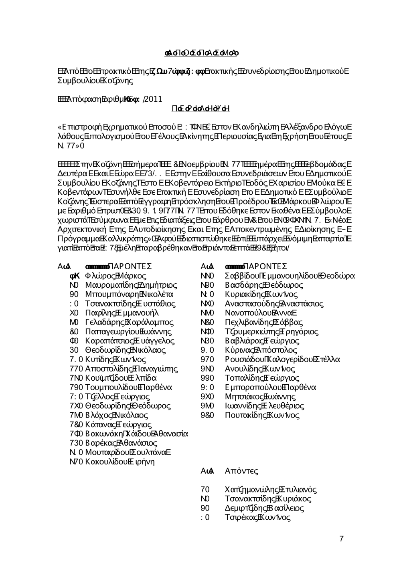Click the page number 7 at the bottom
[x=341, y=539]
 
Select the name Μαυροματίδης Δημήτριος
[x=131, y=285]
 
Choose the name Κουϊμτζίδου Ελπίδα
[x=121, y=378]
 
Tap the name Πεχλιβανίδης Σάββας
[x=264, y=323]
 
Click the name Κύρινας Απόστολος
[x=261, y=350]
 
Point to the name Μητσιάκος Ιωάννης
[x=260, y=397]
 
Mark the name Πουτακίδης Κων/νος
[x=262, y=416]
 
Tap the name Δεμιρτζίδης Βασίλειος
[x=264, y=508]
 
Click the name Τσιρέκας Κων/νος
[x=258, y=517]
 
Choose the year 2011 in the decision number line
[x=153, y=98]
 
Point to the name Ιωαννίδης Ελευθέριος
[x=264, y=406]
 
